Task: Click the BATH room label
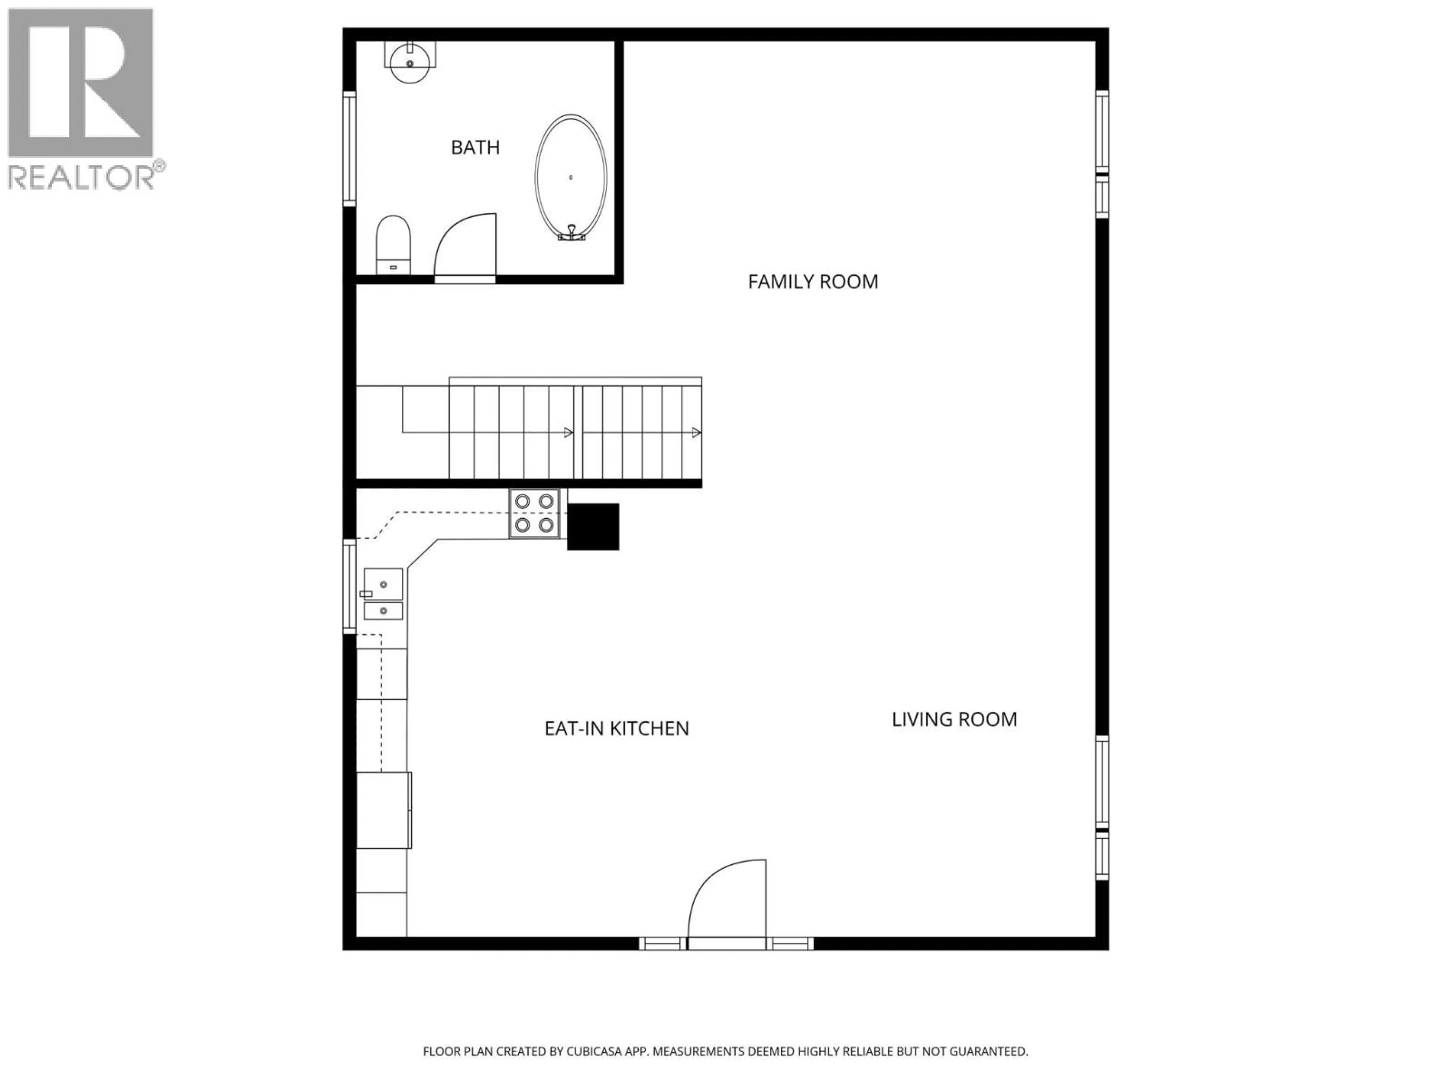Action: pyautogui.click(x=475, y=148)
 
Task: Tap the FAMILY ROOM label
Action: pyautogui.click(x=813, y=282)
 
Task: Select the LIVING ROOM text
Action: pyautogui.click(x=954, y=719)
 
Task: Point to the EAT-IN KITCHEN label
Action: pyautogui.click(x=617, y=729)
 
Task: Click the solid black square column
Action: pyautogui.click(x=593, y=527)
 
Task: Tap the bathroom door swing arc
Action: pyautogui.click(x=464, y=246)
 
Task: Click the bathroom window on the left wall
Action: pyautogui.click(x=349, y=149)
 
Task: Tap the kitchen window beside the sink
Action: pyautogui.click(x=350, y=586)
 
